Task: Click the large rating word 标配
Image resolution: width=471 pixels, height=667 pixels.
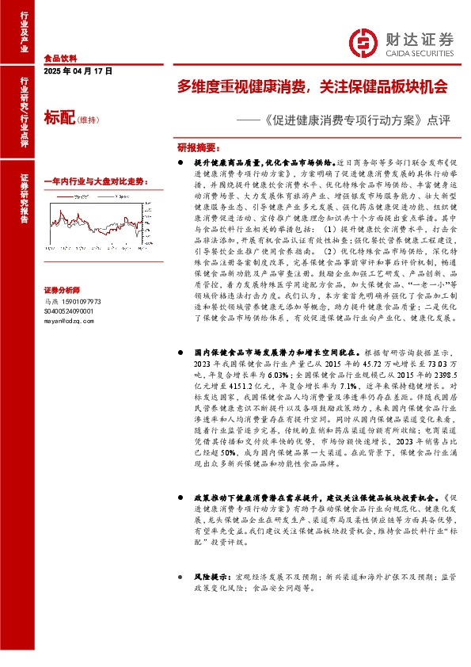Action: click(x=59, y=119)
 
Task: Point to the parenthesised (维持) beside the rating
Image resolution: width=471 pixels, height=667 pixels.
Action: click(x=88, y=120)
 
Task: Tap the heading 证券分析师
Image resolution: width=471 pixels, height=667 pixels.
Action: click(x=61, y=290)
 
